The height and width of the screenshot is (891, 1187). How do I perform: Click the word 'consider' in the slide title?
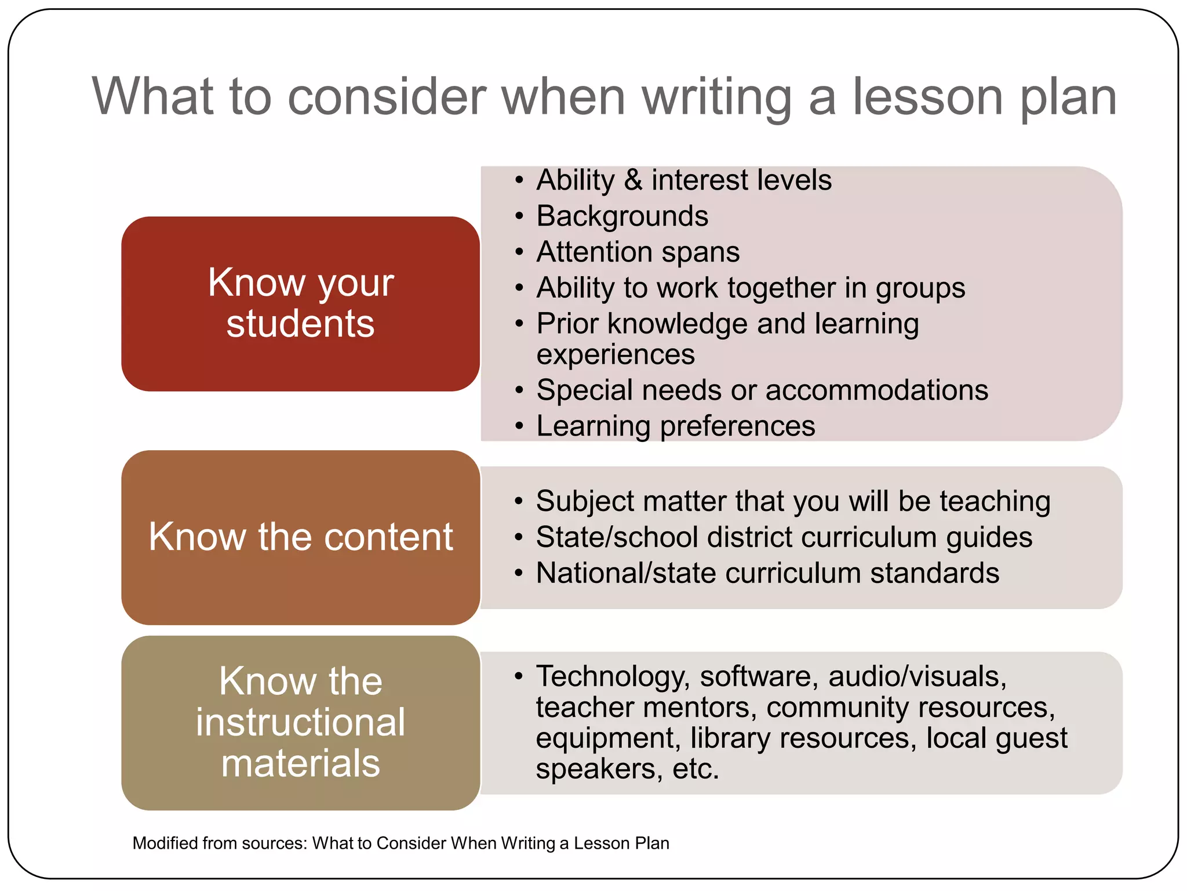(387, 97)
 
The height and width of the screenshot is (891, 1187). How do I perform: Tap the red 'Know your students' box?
(300, 303)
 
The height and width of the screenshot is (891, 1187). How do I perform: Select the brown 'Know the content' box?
(300, 537)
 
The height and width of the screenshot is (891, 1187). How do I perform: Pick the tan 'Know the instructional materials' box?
(300, 723)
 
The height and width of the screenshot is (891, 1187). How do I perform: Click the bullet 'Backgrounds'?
(622, 216)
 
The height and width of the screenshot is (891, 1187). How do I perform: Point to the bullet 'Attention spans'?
(638, 252)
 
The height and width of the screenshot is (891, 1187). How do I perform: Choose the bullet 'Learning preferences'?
(675, 426)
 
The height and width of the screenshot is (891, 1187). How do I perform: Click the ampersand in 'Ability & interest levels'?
(633, 180)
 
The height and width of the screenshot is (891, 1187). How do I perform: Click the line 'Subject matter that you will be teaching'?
(793, 501)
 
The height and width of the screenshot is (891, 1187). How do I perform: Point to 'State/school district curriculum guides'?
(784, 537)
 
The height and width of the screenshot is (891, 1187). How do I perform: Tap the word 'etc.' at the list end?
(696, 769)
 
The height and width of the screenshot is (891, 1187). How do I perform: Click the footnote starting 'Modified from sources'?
(400, 843)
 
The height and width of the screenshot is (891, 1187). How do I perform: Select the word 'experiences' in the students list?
(616, 354)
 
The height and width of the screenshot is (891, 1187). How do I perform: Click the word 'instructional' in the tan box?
(300, 723)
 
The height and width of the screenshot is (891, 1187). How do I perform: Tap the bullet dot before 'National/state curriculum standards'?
(519, 574)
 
